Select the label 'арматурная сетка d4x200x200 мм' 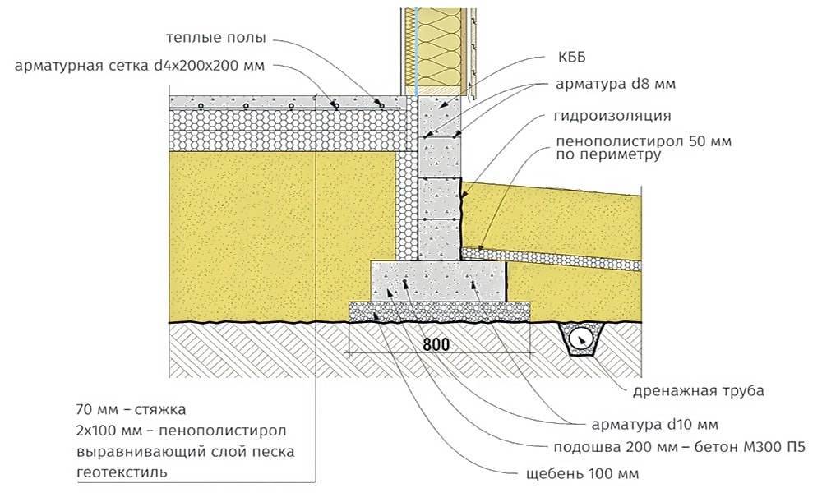tap(140, 66)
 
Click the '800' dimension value tap(437, 344)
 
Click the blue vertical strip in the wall tap(417, 49)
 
